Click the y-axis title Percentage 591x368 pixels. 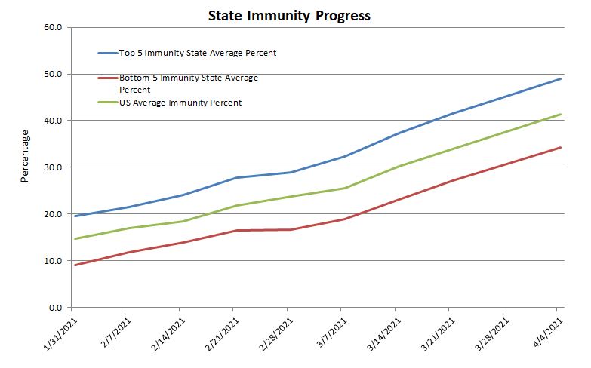pos(25,156)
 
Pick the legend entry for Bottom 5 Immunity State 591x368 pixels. pos(189,83)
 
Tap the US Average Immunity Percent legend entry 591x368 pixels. pos(180,103)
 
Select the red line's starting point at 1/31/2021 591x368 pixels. pos(73,265)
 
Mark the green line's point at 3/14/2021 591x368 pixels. pos(396,167)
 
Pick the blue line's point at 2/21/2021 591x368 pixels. pos(234,178)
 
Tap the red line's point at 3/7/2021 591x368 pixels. pos(342,219)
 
